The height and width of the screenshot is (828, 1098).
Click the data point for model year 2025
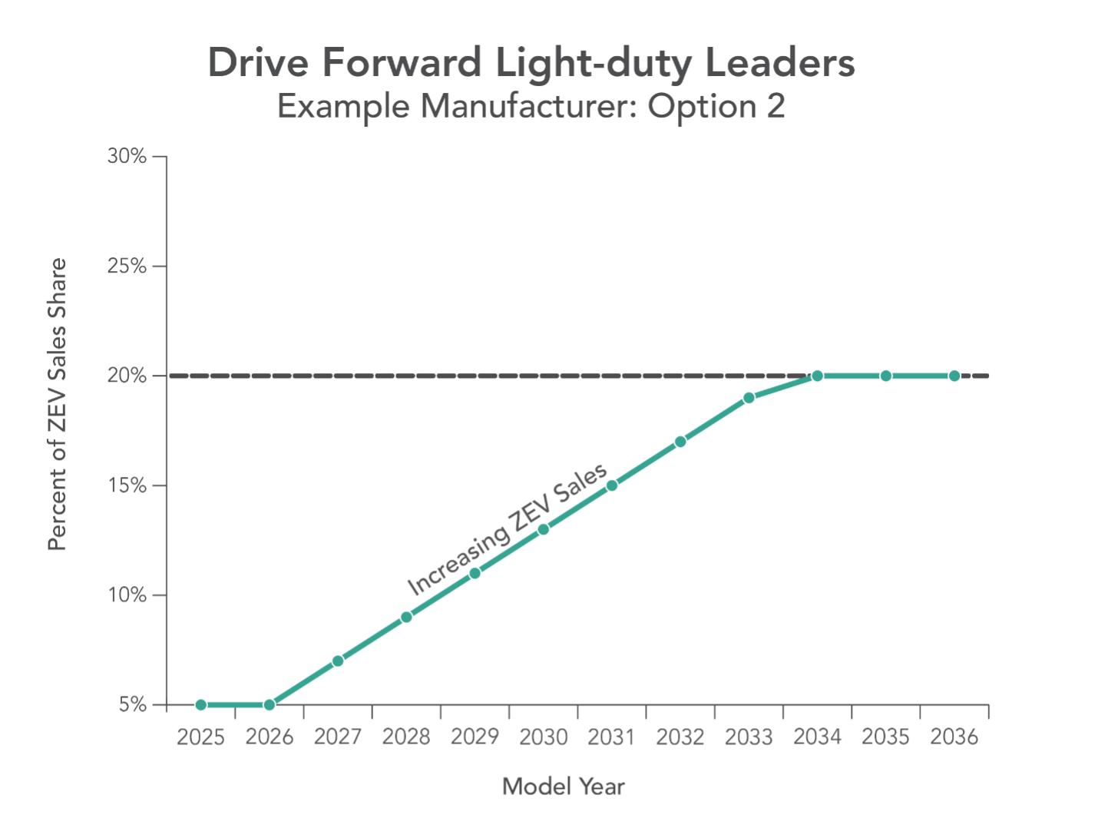point(200,704)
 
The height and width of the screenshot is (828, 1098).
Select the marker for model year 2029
point(475,573)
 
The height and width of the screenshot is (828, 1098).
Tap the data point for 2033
point(749,398)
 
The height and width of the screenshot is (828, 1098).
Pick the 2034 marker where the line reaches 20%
point(817,376)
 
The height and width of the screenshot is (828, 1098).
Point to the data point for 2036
point(954,376)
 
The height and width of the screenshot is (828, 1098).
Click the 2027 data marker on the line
point(338,661)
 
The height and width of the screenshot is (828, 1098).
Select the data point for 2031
point(612,485)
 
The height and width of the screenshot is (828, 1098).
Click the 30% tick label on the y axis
point(127,157)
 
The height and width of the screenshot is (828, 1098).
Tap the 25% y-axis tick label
point(127,267)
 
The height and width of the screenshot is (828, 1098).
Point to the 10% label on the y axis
point(127,595)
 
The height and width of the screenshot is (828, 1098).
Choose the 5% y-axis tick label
point(132,704)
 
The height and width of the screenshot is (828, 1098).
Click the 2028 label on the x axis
point(406,737)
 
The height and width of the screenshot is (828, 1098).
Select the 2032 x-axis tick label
point(680,737)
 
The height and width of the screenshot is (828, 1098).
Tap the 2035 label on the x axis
point(886,737)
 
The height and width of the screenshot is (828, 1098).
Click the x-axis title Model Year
point(564,787)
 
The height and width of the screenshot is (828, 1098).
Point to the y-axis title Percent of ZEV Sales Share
point(58,405)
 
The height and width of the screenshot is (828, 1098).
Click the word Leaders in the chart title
point(779,63)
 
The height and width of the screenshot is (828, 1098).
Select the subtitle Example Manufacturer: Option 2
point(531,106)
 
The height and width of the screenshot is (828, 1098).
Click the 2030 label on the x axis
point(544,737)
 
